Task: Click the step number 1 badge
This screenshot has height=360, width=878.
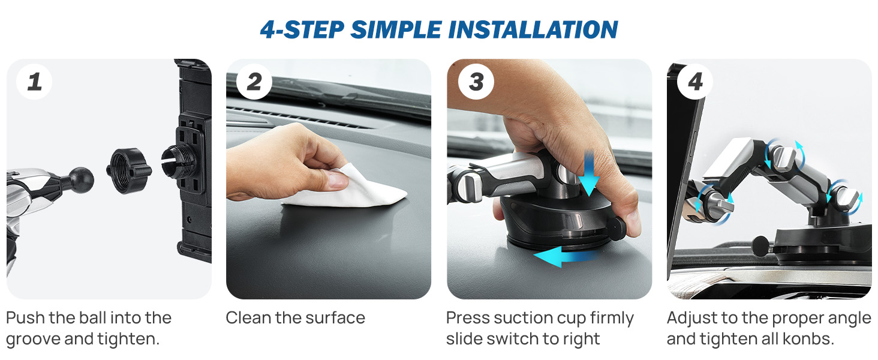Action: click(x=34, y=82)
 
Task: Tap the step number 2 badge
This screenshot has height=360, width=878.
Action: click(x=254, y=82)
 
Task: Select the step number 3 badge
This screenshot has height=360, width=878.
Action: click(x=476, y=82)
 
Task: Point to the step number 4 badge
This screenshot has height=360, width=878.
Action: click(x=695, y=82)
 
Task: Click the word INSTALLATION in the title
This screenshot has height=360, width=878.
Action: click(x=533, y=29)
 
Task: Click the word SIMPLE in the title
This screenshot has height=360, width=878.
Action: click(x=396, y=29)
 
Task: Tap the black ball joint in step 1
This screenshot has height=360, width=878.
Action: click(x=81, y=179)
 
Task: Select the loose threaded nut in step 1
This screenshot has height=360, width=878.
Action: click(x=128, y=170)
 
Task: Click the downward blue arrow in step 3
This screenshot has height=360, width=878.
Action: click(x=589, y=173)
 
